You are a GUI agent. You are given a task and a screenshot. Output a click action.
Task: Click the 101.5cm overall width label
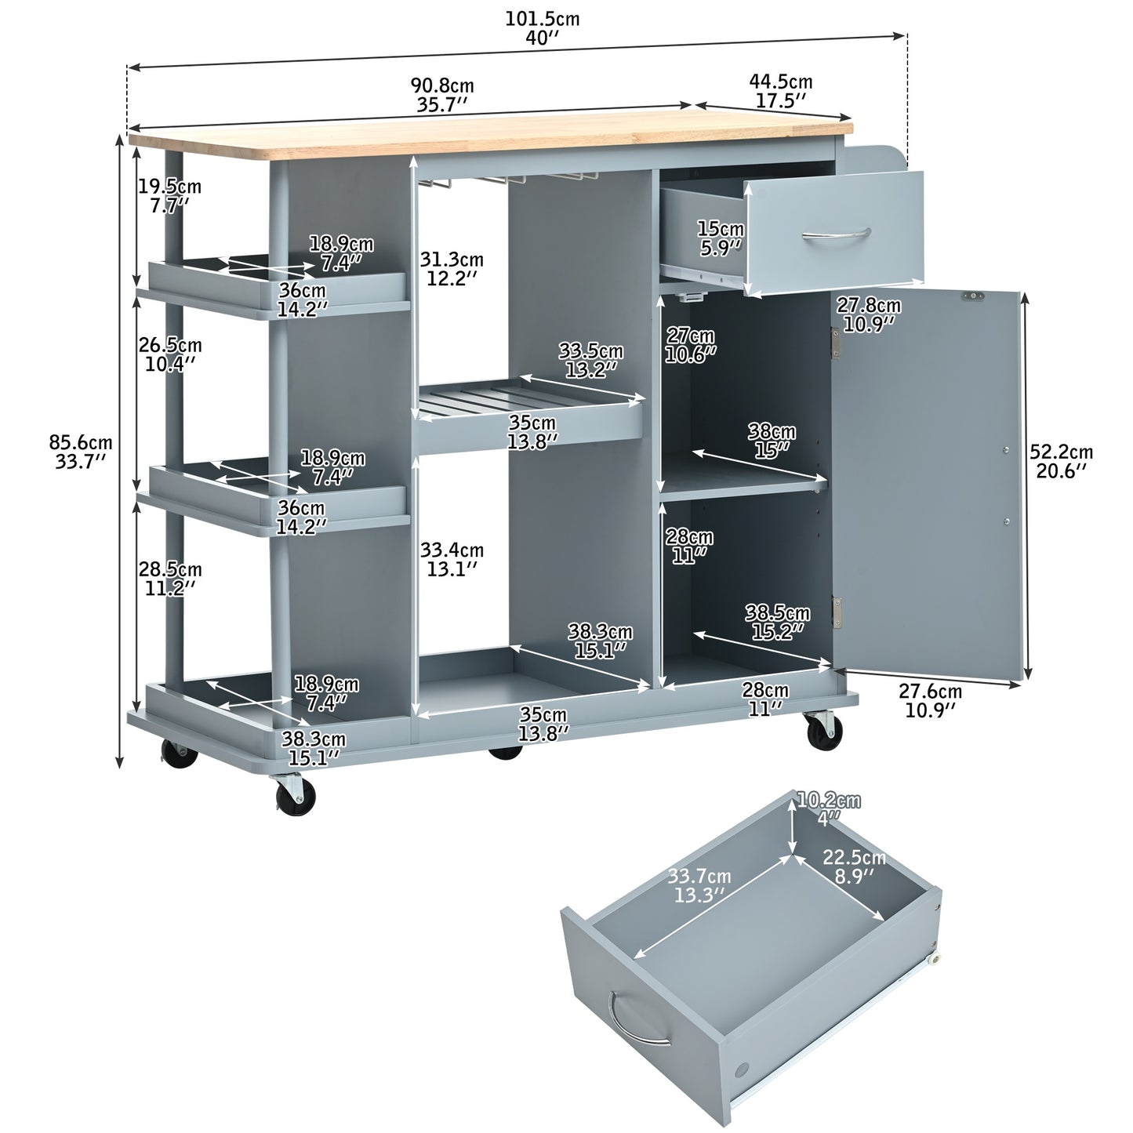tap(542, 27)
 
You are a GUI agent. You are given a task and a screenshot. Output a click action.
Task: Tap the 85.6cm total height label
tap(81, 451)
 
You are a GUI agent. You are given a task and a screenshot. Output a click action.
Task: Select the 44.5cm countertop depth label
tap(780, 90)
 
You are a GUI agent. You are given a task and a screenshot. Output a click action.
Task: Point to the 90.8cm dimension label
tap(442, 95)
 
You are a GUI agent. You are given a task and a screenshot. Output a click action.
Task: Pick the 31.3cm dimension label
tap(451, 268)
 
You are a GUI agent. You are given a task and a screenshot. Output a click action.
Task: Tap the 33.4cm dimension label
tap(451, 558)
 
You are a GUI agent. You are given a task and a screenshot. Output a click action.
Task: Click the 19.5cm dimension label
tap(169, 195)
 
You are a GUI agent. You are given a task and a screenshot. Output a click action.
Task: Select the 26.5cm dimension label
tap(170, 354)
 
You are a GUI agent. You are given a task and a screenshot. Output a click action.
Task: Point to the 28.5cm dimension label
tap(170, 577)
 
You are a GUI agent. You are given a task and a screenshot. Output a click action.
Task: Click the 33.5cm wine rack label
tap(590, 360)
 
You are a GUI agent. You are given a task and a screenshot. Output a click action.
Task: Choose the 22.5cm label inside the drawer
tap(854, 866)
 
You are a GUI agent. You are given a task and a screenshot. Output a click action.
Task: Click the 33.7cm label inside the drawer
tap(699, 885)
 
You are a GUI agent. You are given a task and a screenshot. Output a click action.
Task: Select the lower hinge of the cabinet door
tap(837, 612)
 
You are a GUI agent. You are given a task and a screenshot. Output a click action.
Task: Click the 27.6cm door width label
tap(930, 699)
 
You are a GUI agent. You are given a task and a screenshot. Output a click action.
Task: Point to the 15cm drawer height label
tap(721, 238)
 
